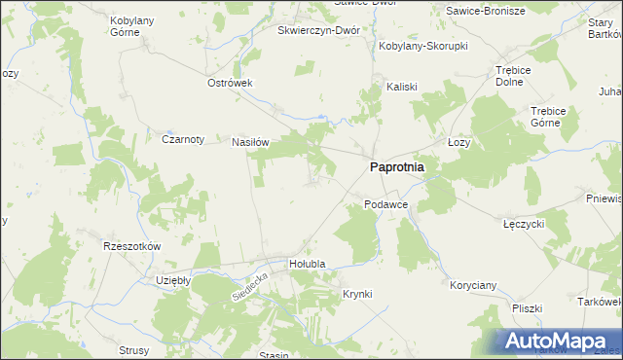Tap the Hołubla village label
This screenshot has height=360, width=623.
(x=307, y=264)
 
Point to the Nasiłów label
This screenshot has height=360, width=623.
(x=249, y=141)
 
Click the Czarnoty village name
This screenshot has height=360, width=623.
(x=182, y=139)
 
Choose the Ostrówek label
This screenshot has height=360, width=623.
(x=230, y=83)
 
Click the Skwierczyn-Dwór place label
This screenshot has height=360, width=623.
(x=319, y=30)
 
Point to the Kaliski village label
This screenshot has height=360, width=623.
(x=401, y=85)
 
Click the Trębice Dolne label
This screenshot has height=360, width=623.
(x=518, y=76)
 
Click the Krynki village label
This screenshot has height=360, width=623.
(x=357, y=293)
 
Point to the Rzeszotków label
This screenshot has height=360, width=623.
(x=131, y=246)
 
